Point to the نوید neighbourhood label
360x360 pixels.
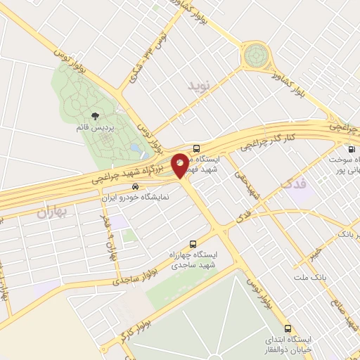[199, 87]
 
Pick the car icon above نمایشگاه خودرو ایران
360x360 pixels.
[134, 187]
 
